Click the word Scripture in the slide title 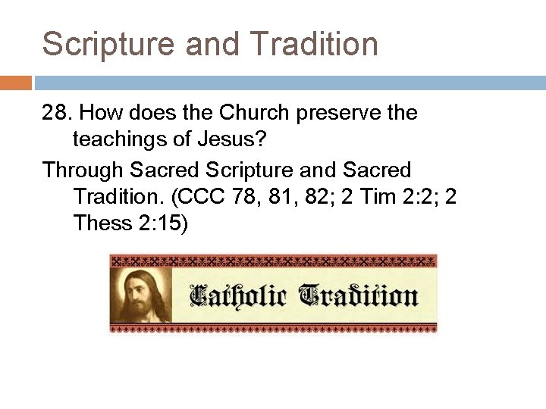tap(102, 44)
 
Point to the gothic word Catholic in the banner tap(237, 295)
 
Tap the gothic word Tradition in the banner tap(358, 295)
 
